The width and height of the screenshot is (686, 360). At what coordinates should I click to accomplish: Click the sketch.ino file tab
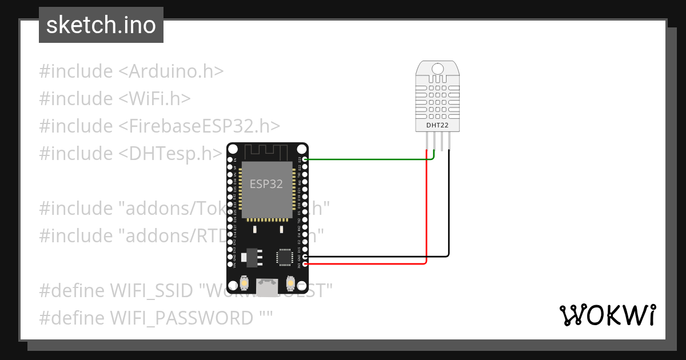(101, 25)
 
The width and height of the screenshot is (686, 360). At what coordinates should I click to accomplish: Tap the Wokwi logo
(607, 315)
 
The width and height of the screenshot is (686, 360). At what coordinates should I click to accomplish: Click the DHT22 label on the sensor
(437, 125)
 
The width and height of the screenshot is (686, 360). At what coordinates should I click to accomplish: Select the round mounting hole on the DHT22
(437, 69)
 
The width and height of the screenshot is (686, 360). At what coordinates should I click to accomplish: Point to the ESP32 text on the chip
(266, 185)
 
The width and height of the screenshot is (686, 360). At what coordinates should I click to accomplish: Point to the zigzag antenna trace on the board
(267, 152)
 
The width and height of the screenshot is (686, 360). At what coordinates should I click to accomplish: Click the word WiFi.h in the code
(155, 99)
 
